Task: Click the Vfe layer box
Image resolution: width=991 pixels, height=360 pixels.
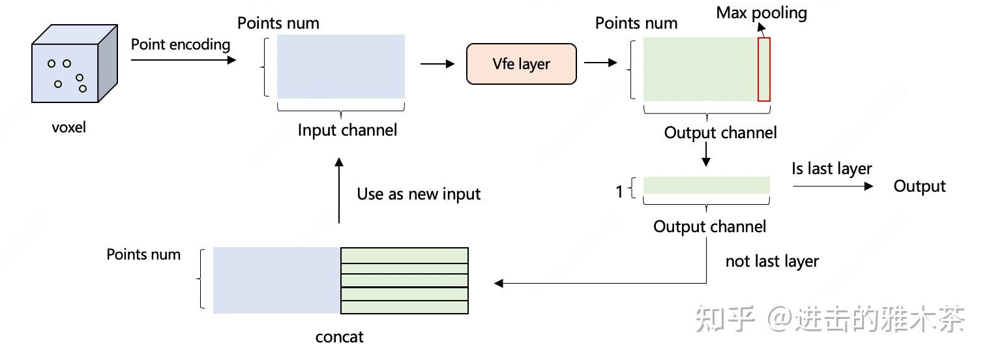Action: click(x=521, y=64)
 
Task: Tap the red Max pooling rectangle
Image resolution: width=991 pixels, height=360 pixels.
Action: click(x=763, y=69)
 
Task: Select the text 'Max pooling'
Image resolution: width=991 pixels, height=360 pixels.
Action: click(x=761, y=13)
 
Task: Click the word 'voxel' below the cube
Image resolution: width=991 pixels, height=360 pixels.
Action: click(x=68, y=127)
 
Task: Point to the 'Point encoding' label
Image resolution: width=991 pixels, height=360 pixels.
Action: click(x=181, y=44)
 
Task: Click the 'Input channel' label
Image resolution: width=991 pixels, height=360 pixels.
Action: click(x=347, y=130)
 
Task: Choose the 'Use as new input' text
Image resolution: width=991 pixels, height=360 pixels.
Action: click(x=419, y=194)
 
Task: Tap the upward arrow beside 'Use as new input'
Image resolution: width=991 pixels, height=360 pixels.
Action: click(x=338, y=190)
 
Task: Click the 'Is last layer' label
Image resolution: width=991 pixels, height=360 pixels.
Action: click(x=831, y=168)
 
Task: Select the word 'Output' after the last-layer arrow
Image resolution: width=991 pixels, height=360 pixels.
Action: click(x=919, y=186)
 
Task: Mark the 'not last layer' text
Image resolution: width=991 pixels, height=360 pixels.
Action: click(x=772, y=261)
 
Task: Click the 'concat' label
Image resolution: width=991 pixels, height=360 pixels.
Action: click(x=339, y=337)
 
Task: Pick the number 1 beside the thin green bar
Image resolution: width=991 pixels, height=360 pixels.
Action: click(x=619, y=192)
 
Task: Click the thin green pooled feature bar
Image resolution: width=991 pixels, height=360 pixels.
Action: click(x=706, y=186)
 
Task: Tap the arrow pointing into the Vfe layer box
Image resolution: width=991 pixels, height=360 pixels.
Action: click(x=437, y=64)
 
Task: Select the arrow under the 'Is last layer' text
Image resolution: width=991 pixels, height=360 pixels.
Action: click(x=833, y=187)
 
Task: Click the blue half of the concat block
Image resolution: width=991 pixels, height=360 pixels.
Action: click(x=276, y=280)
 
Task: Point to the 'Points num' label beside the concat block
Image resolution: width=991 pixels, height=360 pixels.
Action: click(x=143, y=254)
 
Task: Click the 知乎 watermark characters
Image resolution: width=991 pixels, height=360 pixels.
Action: click(x=724, y=318)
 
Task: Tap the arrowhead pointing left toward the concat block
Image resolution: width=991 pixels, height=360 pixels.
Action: click(x=499, y=283)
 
